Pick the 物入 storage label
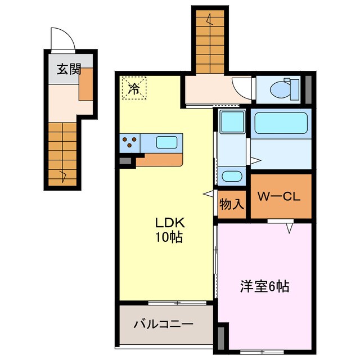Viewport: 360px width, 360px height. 232,203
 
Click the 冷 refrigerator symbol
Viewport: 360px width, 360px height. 133,88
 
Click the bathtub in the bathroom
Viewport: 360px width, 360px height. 280,123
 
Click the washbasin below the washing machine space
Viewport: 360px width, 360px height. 231,176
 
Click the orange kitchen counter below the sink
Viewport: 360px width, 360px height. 159,159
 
